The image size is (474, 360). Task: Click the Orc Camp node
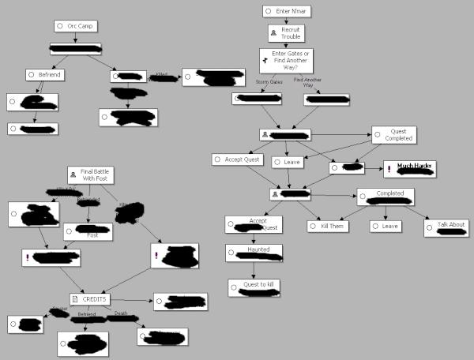pos(74,26)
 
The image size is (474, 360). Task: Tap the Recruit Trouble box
pos(288,33)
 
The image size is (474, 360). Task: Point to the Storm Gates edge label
pos(269,81)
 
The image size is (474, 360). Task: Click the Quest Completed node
pos(394,135)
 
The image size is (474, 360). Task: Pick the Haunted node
pos(253,251)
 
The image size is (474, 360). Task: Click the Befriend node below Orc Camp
pos(44,75)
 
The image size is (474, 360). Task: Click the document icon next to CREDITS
pos(76,299)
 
